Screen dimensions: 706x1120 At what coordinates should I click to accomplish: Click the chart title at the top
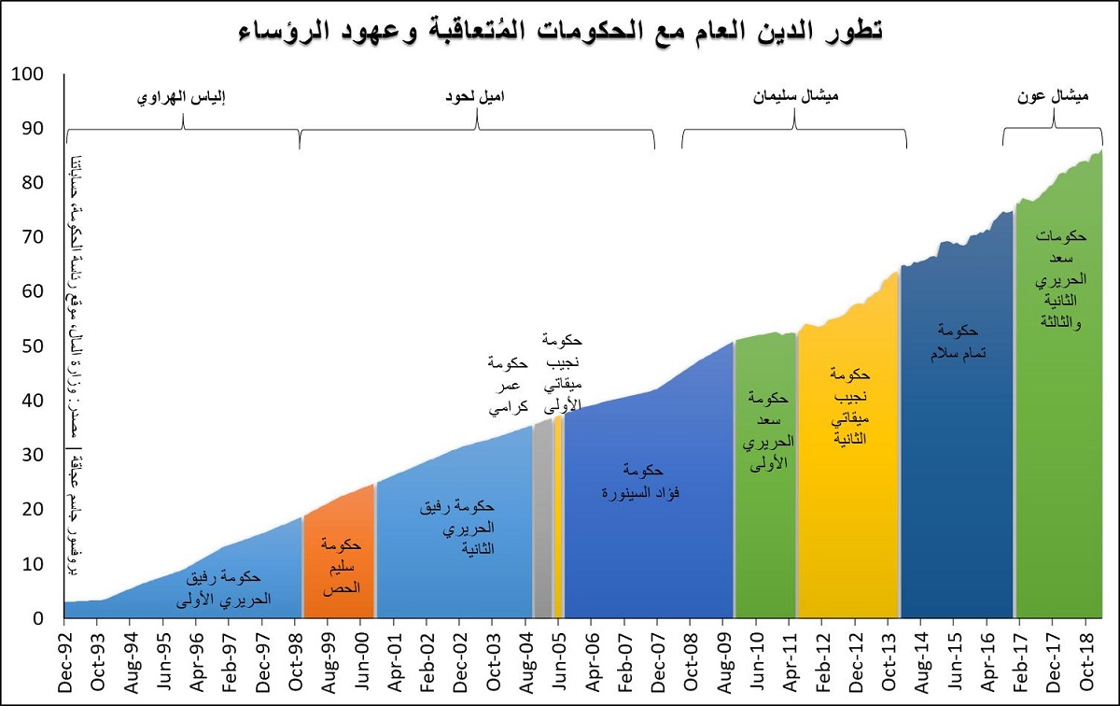560,31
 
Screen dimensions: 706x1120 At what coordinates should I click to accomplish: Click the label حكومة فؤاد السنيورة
639,480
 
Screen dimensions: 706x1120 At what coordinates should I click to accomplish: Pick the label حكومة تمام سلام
957,342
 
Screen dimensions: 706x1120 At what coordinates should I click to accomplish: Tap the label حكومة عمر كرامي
509,385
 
